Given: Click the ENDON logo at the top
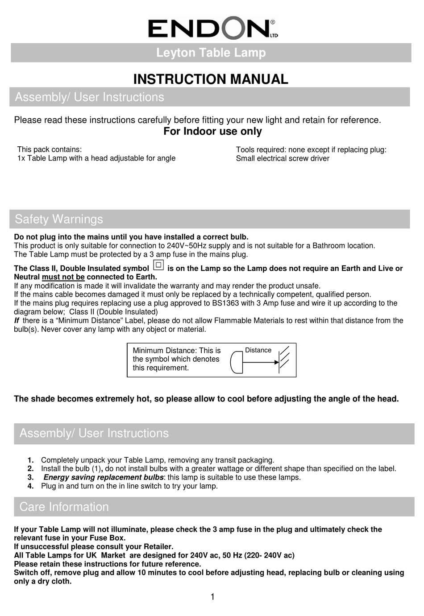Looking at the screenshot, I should click(x=210, y=28).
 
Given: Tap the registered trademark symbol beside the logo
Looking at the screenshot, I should click(x=273, y=22).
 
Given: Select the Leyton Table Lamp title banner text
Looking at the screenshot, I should click(x=211, y=53).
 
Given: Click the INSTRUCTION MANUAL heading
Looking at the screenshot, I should click(x=211, y=79).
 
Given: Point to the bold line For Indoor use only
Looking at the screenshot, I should click(x=212, y=132).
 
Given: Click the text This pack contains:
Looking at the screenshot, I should click(x=49, y=149).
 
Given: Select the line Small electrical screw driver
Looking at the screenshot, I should click(x=283, y=158).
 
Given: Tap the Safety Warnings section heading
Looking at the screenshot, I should click(x=59, y=219).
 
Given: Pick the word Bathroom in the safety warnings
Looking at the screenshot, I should click(x=328, y=246).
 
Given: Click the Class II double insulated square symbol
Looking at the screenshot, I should click(x=158, y=265).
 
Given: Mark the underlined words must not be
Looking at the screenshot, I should click(x=63, y=277).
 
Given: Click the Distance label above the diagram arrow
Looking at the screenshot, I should click(x=258, y=350).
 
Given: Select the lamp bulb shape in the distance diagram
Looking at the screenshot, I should click(x=236, y=362).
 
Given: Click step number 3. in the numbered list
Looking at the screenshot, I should click(x=30, y=477).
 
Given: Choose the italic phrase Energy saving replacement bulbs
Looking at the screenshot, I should click(x=103, y=477).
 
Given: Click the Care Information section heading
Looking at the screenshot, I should click(x=64, y=507).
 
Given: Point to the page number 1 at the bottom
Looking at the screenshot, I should click(x=212, y=597).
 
